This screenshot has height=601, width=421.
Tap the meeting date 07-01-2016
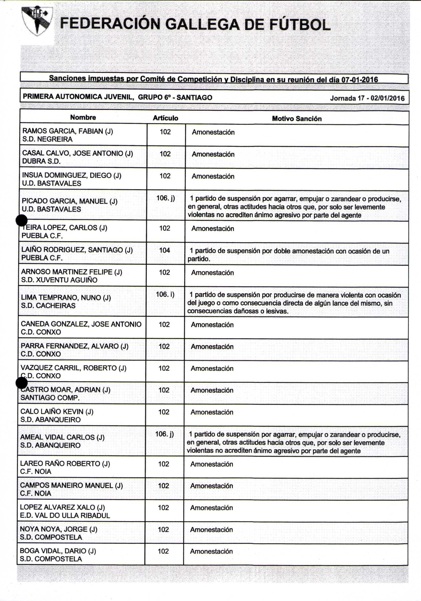tap(360, 80)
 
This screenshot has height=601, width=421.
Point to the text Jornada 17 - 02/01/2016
tap(367, 98)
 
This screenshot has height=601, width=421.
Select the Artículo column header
tap(165, 118)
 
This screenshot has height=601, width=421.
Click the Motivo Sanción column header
tap(297, 119)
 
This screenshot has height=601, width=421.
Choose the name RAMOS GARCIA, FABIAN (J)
tap(68, 131)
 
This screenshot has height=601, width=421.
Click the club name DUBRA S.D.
tap(41, 161)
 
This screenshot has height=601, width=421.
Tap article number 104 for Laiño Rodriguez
tap(165, 250)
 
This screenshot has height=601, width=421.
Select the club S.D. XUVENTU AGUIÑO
tap(59, 280)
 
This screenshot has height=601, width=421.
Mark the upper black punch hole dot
tap(22, 220)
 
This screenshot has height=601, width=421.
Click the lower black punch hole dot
tap(22, 383)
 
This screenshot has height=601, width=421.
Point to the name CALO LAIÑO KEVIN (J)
tap(57, 411)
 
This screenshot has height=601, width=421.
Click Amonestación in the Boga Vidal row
tap(211, 551)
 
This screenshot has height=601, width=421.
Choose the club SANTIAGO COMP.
tap(50, 398)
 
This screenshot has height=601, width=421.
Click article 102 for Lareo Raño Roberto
tap(164, 464)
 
